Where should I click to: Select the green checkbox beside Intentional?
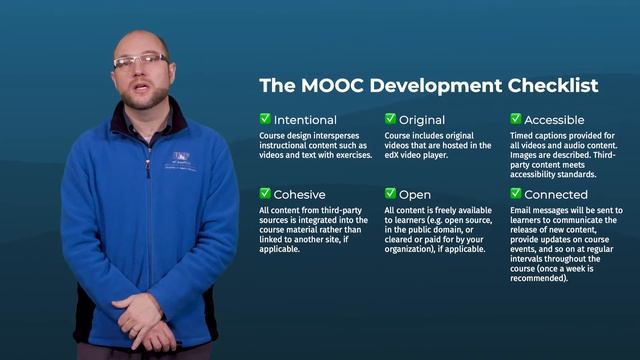tap(265, 119)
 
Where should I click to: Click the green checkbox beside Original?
tap(391, 119)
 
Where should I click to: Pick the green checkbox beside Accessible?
tap(516, 119)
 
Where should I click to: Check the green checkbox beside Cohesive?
tap(265, 194)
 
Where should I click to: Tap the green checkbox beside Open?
tap(391, 194)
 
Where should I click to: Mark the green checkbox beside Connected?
tap(516, 194)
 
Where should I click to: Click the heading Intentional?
tap(305, 120)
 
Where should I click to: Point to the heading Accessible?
tap(556, 120)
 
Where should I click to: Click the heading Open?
tap(415, 195)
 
